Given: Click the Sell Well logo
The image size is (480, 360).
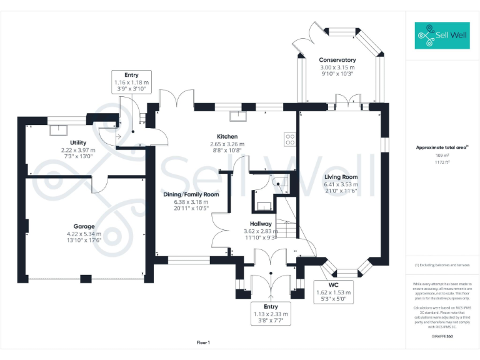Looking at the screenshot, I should (x=442, y=36).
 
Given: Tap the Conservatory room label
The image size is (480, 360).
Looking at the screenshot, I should (x=337, y=60).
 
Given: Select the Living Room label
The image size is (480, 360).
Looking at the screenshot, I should (x=341, y=177).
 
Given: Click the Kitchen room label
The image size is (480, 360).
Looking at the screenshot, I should (x=227, y=137).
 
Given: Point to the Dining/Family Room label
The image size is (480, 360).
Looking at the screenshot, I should (x=191, y=194).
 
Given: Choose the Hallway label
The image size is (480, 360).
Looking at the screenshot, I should (x=261, y=223).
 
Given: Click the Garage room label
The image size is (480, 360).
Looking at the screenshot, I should (x=84, y=226).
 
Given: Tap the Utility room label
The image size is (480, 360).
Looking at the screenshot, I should (x=78, y=143).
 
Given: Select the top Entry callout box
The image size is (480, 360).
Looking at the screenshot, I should (x=131, y=82).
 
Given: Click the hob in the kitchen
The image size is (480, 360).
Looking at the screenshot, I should (x=290, y=139).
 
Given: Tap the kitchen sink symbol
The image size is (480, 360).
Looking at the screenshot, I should (x=237, y=116).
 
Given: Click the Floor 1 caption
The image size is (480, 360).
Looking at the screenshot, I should (x=203, y=342).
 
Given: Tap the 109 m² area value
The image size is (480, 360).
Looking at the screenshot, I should (x=442, y=155).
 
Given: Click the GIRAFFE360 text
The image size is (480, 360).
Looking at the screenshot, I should (x=442, y=336).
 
